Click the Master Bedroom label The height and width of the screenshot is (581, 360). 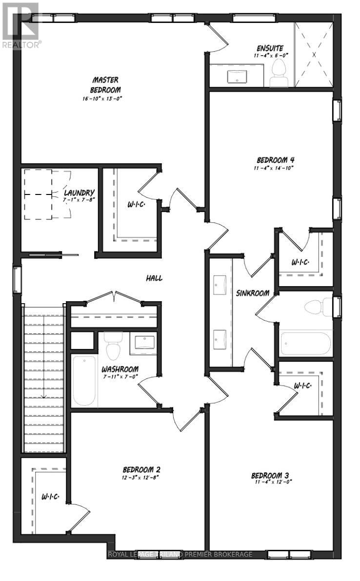(106, 85)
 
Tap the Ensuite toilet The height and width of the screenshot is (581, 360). (279, 74)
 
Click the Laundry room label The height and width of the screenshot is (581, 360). (79, 193)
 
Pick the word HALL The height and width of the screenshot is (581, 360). (154, 278)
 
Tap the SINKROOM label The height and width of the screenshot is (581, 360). (253, 293)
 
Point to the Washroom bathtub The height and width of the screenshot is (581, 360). (85, 381)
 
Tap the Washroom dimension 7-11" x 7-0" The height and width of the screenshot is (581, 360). (120, 376)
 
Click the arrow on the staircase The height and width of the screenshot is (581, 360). (44, 358)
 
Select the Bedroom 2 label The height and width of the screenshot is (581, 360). (141, 470)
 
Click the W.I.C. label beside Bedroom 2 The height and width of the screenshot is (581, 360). (50, 497)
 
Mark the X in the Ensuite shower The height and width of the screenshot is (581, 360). (314, 55)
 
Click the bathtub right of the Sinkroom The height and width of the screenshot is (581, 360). (305, 344)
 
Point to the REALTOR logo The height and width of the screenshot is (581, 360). (20, 25)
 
